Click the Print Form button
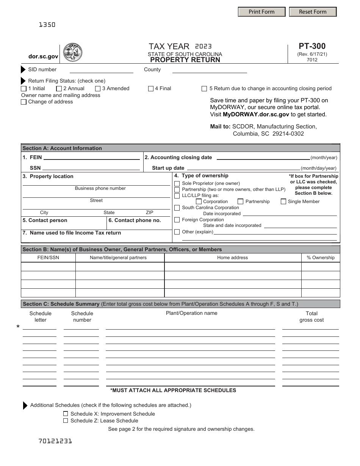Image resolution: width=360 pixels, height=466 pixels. coord(261,12)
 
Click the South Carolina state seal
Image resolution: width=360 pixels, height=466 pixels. coord(72,53)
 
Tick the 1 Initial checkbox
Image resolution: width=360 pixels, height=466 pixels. coord(24,89)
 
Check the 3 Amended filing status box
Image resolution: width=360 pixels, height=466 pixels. coord(98,89)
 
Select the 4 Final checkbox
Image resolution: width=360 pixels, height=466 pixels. coord(151,89)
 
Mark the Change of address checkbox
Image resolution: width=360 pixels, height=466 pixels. coord(24,102)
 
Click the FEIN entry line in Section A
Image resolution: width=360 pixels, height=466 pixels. coord(91,157)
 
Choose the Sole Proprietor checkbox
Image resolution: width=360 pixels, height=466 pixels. coord(177,183)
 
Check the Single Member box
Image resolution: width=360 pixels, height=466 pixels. coord(283,202)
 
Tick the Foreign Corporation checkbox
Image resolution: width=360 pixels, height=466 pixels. coord(177,220)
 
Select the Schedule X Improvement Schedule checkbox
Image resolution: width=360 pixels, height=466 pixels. coord(66,414)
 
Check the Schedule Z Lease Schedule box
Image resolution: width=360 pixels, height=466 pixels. coord(66,421)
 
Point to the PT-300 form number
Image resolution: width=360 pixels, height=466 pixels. coord(312,46)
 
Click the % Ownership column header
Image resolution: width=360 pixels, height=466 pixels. coord(321,258)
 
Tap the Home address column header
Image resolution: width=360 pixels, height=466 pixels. coord(232,258)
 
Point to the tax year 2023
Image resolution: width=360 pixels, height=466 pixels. coord(203,46)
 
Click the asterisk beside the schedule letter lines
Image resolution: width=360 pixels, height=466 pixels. coord(18,327)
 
